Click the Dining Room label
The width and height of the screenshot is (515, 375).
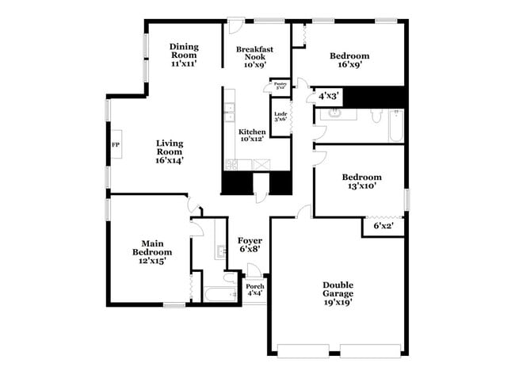[184, 55]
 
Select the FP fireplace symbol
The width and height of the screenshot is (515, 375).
[115, 145]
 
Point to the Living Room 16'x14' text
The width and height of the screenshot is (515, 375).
[170, 151]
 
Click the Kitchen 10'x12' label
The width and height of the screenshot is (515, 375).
[252, 136]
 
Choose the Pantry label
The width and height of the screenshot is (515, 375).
[280, 85]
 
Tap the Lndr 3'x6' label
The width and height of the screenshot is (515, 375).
[280, 117]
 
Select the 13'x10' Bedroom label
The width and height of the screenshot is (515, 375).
[361, 182]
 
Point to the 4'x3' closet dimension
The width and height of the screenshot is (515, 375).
[329, 95]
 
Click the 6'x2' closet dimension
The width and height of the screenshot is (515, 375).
[383, 226]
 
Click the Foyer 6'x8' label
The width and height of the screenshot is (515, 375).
[250, 244]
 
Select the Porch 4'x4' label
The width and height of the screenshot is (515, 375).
[255, 289]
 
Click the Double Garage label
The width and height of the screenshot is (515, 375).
[338, 293]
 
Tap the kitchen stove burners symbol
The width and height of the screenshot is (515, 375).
[232, 165]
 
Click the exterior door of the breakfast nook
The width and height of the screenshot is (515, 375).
[235, 26]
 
